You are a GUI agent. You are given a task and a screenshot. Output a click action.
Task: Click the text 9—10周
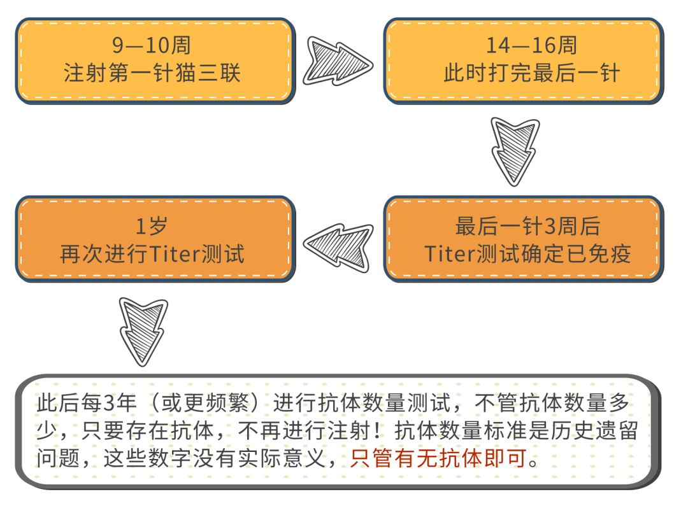(x=152, y=46)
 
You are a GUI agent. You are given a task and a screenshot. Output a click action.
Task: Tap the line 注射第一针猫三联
(x=152, y=73)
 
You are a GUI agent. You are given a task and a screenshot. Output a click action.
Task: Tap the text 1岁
(x=152, y=227)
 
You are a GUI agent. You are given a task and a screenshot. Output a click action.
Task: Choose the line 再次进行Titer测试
(x=152, y=254)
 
